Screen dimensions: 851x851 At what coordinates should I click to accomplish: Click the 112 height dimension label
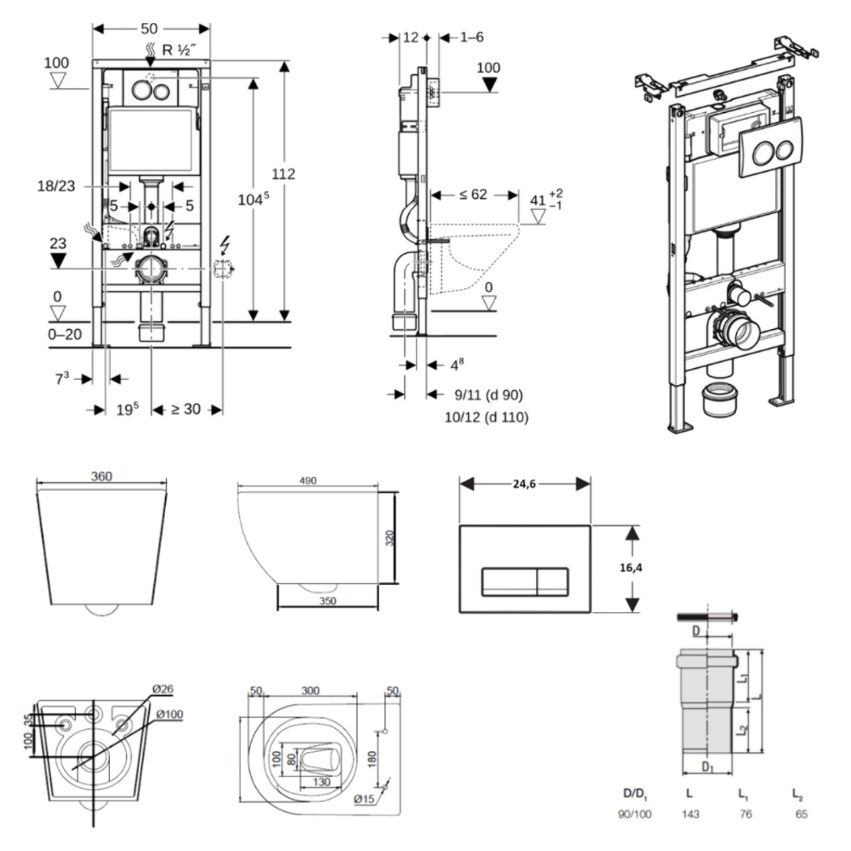pyautogui.click(x=283, y=174)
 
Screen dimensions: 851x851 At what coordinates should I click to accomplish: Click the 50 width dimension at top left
pyautogui.click(x=149, y=28)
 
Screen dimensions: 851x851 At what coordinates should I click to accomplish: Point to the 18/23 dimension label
pyautogui.click(x=56, y=186)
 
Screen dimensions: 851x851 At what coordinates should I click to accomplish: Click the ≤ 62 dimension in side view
pyautogui.click(x=474, y=195)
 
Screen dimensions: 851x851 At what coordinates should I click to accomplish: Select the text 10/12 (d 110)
pyautogui.click(x=486, y=417)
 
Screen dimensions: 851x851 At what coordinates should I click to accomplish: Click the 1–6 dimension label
pyautogui.click(x=472, y=37)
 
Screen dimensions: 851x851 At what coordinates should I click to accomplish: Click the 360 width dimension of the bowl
pyautogui.click(x=101, y=476)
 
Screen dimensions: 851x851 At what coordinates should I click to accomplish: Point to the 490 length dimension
pyautogui.click(x=308, y=480)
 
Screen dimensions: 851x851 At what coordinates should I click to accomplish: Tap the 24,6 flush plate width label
pyautogui.click(x=525, y=484)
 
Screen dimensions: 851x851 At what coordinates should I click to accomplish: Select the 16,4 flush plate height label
pyautogui.click(x=631, y=568)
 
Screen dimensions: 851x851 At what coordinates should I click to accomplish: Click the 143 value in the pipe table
pyautogui.click(x=690, y=814)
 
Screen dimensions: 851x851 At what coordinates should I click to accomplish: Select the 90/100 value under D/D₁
pyautogui.click(x=634, y=814)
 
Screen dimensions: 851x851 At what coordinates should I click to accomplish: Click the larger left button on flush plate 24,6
pyautogui.click(x=508, y=581)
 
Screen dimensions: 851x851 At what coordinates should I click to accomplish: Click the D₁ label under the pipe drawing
pyautogui.click(x=707, y=767)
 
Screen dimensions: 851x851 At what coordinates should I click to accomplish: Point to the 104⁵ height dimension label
pyautogui.click(x=253, y=199)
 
